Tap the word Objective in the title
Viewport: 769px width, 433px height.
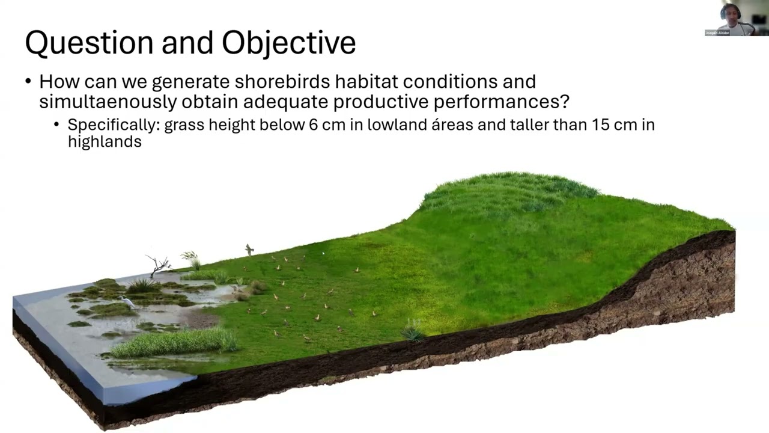[289, 43]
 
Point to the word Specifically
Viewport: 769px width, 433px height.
[114, 125]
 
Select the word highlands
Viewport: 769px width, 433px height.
[105, 141]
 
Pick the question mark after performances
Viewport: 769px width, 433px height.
[564, 102]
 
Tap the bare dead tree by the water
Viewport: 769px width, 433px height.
[158, 265]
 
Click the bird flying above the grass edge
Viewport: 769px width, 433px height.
[249, 249]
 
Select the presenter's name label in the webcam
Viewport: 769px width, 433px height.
[717, 32]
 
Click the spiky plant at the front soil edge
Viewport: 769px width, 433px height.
[413, 331]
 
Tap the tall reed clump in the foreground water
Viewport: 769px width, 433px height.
[174, 342]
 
